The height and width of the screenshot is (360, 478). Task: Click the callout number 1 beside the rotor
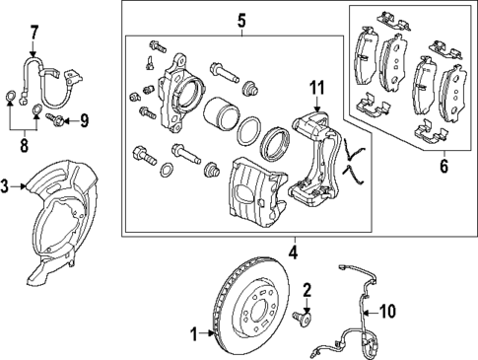point(194,332)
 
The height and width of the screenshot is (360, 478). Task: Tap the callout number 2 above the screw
point(307,289)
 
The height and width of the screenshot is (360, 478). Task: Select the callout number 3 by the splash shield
point(6,184)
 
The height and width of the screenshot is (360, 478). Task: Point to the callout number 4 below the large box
point(293,252)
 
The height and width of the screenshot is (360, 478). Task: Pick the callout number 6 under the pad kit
point(444,166)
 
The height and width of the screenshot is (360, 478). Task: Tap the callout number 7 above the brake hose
point(34,31)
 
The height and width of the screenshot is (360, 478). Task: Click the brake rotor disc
point(237,296)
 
